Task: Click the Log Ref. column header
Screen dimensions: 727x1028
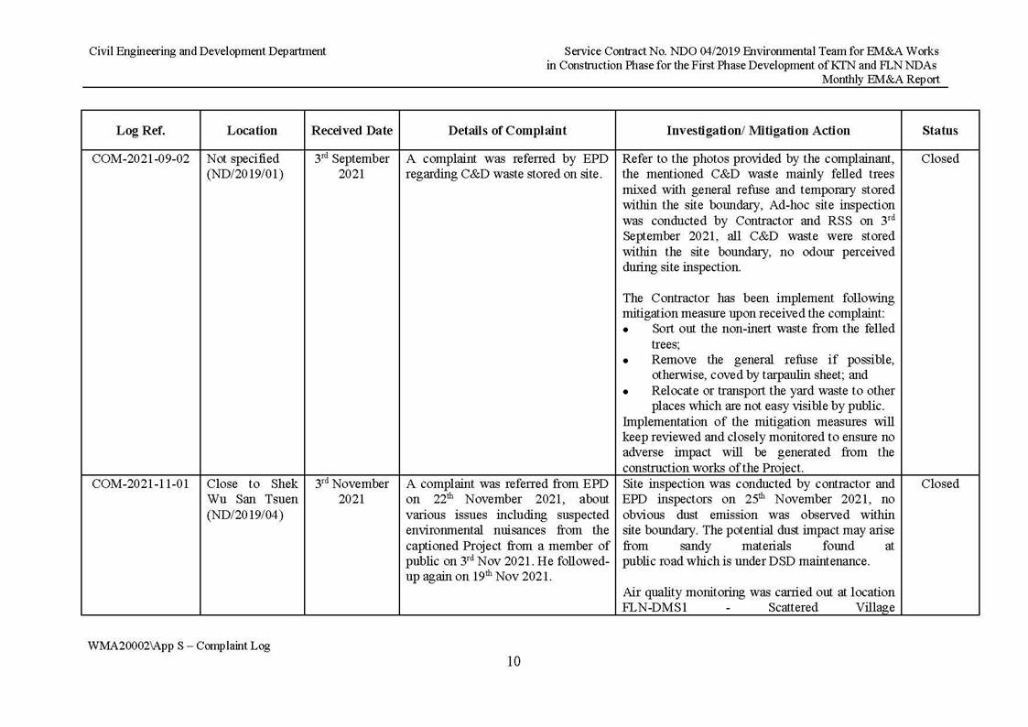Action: [x=140, y=131]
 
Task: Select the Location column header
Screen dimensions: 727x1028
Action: [x=252, y=131]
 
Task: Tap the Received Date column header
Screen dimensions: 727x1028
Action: [x=352, y=131]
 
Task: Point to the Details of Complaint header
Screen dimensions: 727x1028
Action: [x=507, y=131]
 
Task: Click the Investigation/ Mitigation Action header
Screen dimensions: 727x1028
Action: [x=758, y=131]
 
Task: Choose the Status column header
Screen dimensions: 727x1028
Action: [x=939, y=131]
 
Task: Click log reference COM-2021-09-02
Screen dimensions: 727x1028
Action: [x=140, y=159]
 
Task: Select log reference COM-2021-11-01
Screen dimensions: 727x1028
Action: [x=140, y=484]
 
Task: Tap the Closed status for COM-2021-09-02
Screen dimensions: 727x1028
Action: [x=939, y=159]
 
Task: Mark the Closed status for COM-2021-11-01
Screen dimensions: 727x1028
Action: [x=939, y=484]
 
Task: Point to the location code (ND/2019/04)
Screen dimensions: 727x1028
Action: [x=245, y=515]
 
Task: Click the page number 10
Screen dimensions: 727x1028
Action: [x=514, y=662]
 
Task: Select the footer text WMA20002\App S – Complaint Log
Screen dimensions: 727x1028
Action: [x=179, y=646]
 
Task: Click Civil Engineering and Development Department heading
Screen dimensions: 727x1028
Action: [x=207, y=51]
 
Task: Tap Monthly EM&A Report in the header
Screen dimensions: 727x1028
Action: [x=880, y=80]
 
